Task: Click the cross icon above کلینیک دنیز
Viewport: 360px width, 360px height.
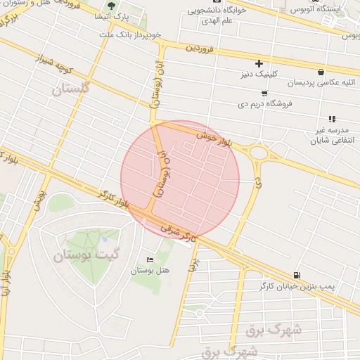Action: click(x=259, y=64)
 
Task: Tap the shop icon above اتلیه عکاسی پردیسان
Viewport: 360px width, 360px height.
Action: click(x=321, y=72)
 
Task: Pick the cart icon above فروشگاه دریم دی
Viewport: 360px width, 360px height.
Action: click(x=264, y=93)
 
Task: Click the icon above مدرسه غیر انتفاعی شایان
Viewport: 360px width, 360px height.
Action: click(x=332, y=119)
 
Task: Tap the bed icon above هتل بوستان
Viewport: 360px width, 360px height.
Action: click(x=150, y=260)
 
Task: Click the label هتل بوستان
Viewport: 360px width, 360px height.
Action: click(x=150, y=270)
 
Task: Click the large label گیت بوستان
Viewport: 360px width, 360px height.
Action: click(x=88, y=255)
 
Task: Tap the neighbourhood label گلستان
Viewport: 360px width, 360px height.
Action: click(x=72, y=89)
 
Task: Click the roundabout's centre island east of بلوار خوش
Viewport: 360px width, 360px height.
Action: click(x=259, y=153)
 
